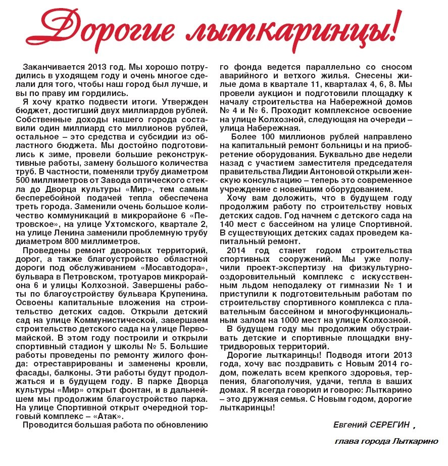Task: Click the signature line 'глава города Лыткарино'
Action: [386, 441]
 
